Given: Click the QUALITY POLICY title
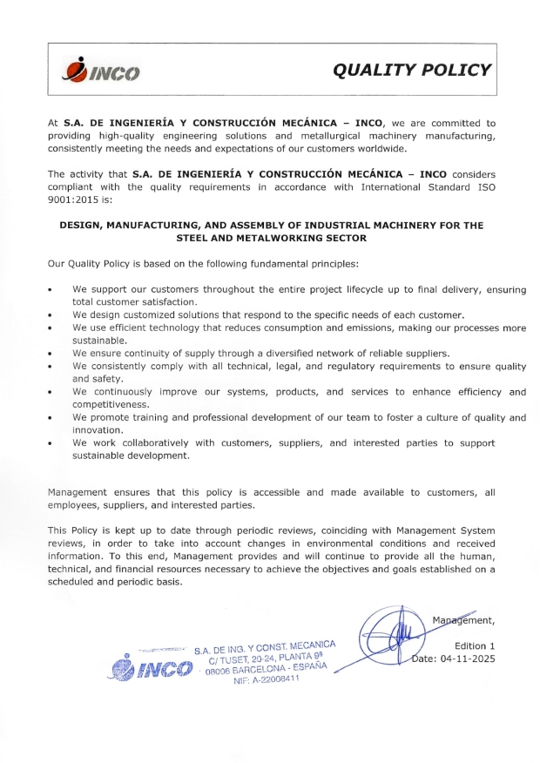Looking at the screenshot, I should [414, 70].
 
